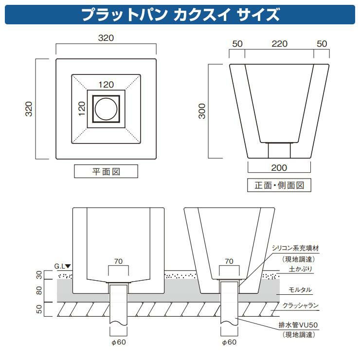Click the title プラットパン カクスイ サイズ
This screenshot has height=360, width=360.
[x=180, y=15]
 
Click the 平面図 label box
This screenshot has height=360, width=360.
[x=106, y=172]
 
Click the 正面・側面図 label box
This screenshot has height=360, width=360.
[x=279, y=185]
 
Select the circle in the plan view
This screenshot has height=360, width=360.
[x=106, y=108]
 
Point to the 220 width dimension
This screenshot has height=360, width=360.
[x=279, y=44]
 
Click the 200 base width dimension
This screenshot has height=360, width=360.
[x=279, y=168]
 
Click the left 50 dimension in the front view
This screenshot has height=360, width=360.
[x=237, y=44]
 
